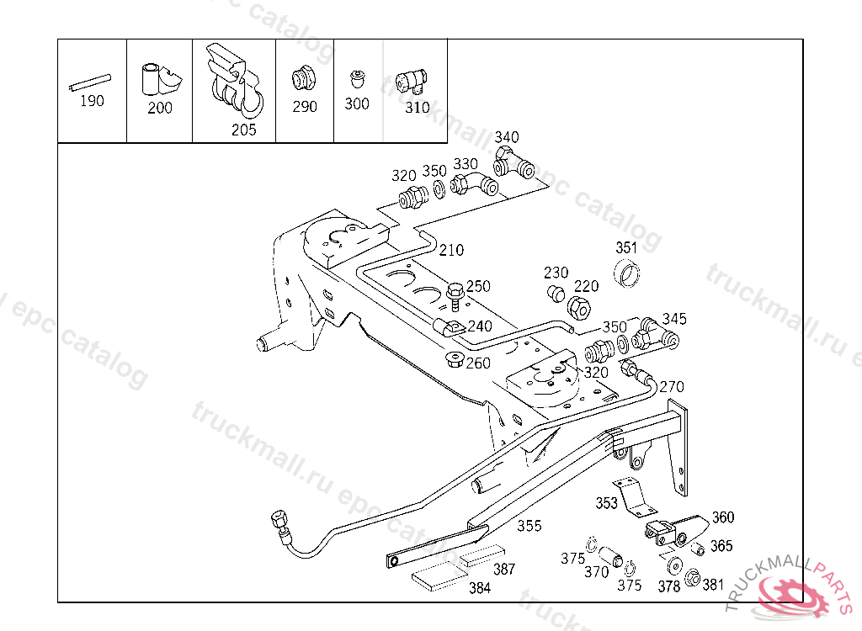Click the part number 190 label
[92, 101]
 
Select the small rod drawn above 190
[90, 82]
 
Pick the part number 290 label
[305, 107]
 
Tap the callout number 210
[450, 250]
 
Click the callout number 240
[480, 326]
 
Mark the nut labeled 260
[455, 361]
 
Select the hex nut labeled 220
[581, 308]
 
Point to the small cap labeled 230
[556, 294]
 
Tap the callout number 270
[672, 387]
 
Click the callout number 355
[529, 526]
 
